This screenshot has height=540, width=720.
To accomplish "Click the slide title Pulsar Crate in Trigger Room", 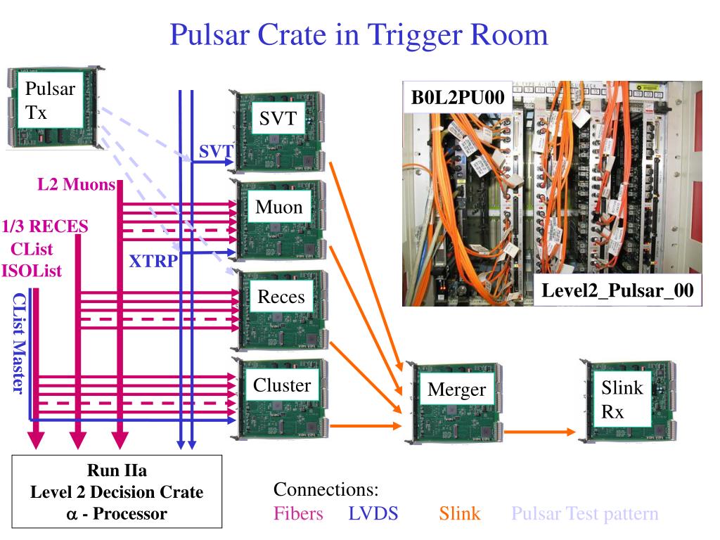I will click(359, 34).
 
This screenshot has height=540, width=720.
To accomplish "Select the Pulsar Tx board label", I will click(49, 101).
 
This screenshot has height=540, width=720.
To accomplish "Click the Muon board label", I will click(278, 207).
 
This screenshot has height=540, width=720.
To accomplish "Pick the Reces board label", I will click(281, 297).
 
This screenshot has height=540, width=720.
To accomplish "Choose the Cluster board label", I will click(281, 385).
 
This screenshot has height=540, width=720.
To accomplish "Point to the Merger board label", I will click(456, 390).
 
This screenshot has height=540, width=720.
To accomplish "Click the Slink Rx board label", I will click(622, 399).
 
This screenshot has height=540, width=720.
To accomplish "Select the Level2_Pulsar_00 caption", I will click(622, 291).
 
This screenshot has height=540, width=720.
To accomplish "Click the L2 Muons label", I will click(76, 185).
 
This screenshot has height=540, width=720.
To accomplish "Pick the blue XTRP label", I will click(153, 262).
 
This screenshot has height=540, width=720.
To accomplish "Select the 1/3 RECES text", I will click(45, 227).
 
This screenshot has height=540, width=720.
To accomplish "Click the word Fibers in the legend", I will click(298, 514).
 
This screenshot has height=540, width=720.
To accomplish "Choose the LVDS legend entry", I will click(373, 514).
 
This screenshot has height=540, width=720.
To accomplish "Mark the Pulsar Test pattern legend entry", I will click(584, 514).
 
